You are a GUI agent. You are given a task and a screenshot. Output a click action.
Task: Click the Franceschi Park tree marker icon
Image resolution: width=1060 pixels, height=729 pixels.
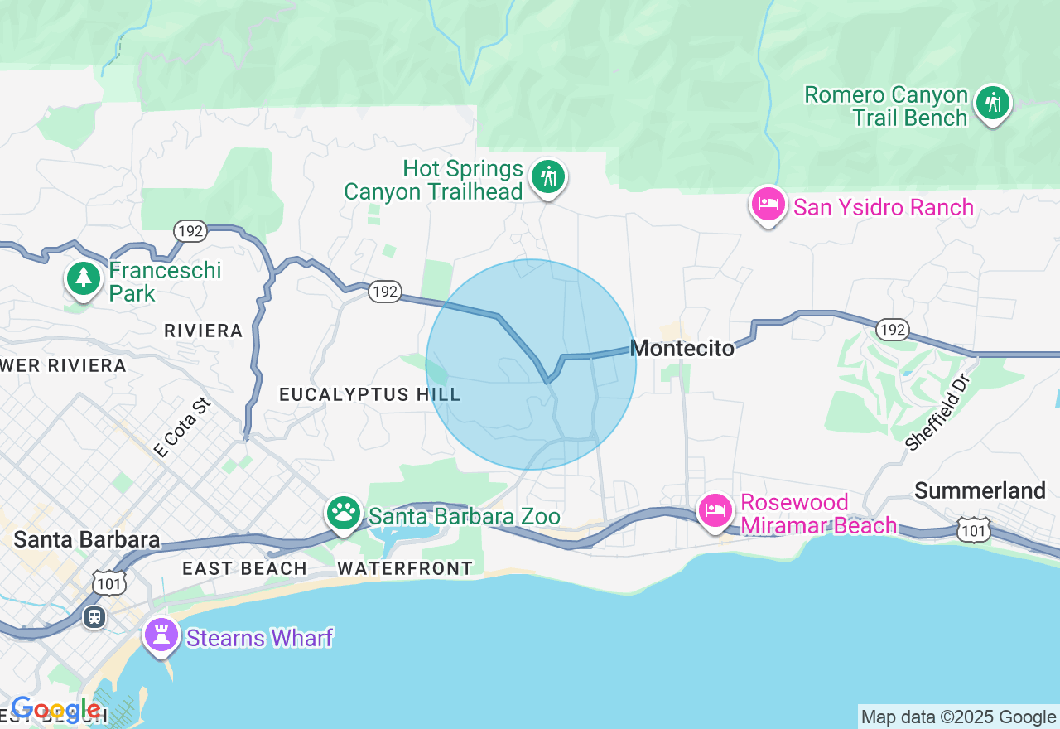point(83,278)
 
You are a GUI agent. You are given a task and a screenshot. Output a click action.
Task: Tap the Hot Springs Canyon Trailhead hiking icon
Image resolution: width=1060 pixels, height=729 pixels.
point(547,176)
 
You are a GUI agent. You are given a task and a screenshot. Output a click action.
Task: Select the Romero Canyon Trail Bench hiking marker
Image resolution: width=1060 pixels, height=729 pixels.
point(992,104)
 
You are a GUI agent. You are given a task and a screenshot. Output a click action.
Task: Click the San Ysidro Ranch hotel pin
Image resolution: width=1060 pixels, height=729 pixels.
point(768,204)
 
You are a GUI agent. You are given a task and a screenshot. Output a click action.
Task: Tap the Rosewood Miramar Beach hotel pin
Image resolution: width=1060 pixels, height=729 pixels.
point(715,510)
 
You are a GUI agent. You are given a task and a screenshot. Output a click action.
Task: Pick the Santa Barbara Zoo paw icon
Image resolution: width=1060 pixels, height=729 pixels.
point(343,514)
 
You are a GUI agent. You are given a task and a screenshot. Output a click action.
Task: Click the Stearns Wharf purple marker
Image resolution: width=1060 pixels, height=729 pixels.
point(161,636)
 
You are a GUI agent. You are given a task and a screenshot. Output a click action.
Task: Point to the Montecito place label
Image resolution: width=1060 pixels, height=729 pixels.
point(682,349)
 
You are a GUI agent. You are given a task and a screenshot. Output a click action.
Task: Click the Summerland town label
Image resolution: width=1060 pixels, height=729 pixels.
point(980,491)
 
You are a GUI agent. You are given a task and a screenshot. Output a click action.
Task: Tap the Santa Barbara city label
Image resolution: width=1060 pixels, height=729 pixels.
point(87,540)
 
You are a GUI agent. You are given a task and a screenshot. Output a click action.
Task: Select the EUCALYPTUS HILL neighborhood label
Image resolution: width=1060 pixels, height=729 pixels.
point(369,394)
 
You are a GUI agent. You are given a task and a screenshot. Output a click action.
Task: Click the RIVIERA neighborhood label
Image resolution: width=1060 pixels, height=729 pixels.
point(203,331)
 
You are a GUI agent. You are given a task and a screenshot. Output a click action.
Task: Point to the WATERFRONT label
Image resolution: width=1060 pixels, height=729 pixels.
point(405,568)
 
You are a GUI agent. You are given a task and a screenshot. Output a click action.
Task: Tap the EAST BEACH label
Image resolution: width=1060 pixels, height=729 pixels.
point(244,568)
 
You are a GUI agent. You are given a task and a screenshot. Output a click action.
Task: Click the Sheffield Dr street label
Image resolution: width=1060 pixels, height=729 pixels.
point(937,411)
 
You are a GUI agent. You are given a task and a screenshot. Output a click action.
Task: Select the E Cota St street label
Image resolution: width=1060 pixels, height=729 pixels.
point(182,427)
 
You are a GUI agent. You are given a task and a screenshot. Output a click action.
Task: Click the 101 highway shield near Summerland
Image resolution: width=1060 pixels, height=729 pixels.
point(974,529)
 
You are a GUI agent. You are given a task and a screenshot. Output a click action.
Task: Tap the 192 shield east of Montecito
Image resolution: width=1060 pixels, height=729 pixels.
point(893,330)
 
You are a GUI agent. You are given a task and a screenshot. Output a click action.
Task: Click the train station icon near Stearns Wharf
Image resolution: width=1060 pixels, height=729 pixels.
point(94,616)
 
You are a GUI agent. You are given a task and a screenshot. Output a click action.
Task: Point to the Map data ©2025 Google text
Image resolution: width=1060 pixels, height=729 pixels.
point(958,717)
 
